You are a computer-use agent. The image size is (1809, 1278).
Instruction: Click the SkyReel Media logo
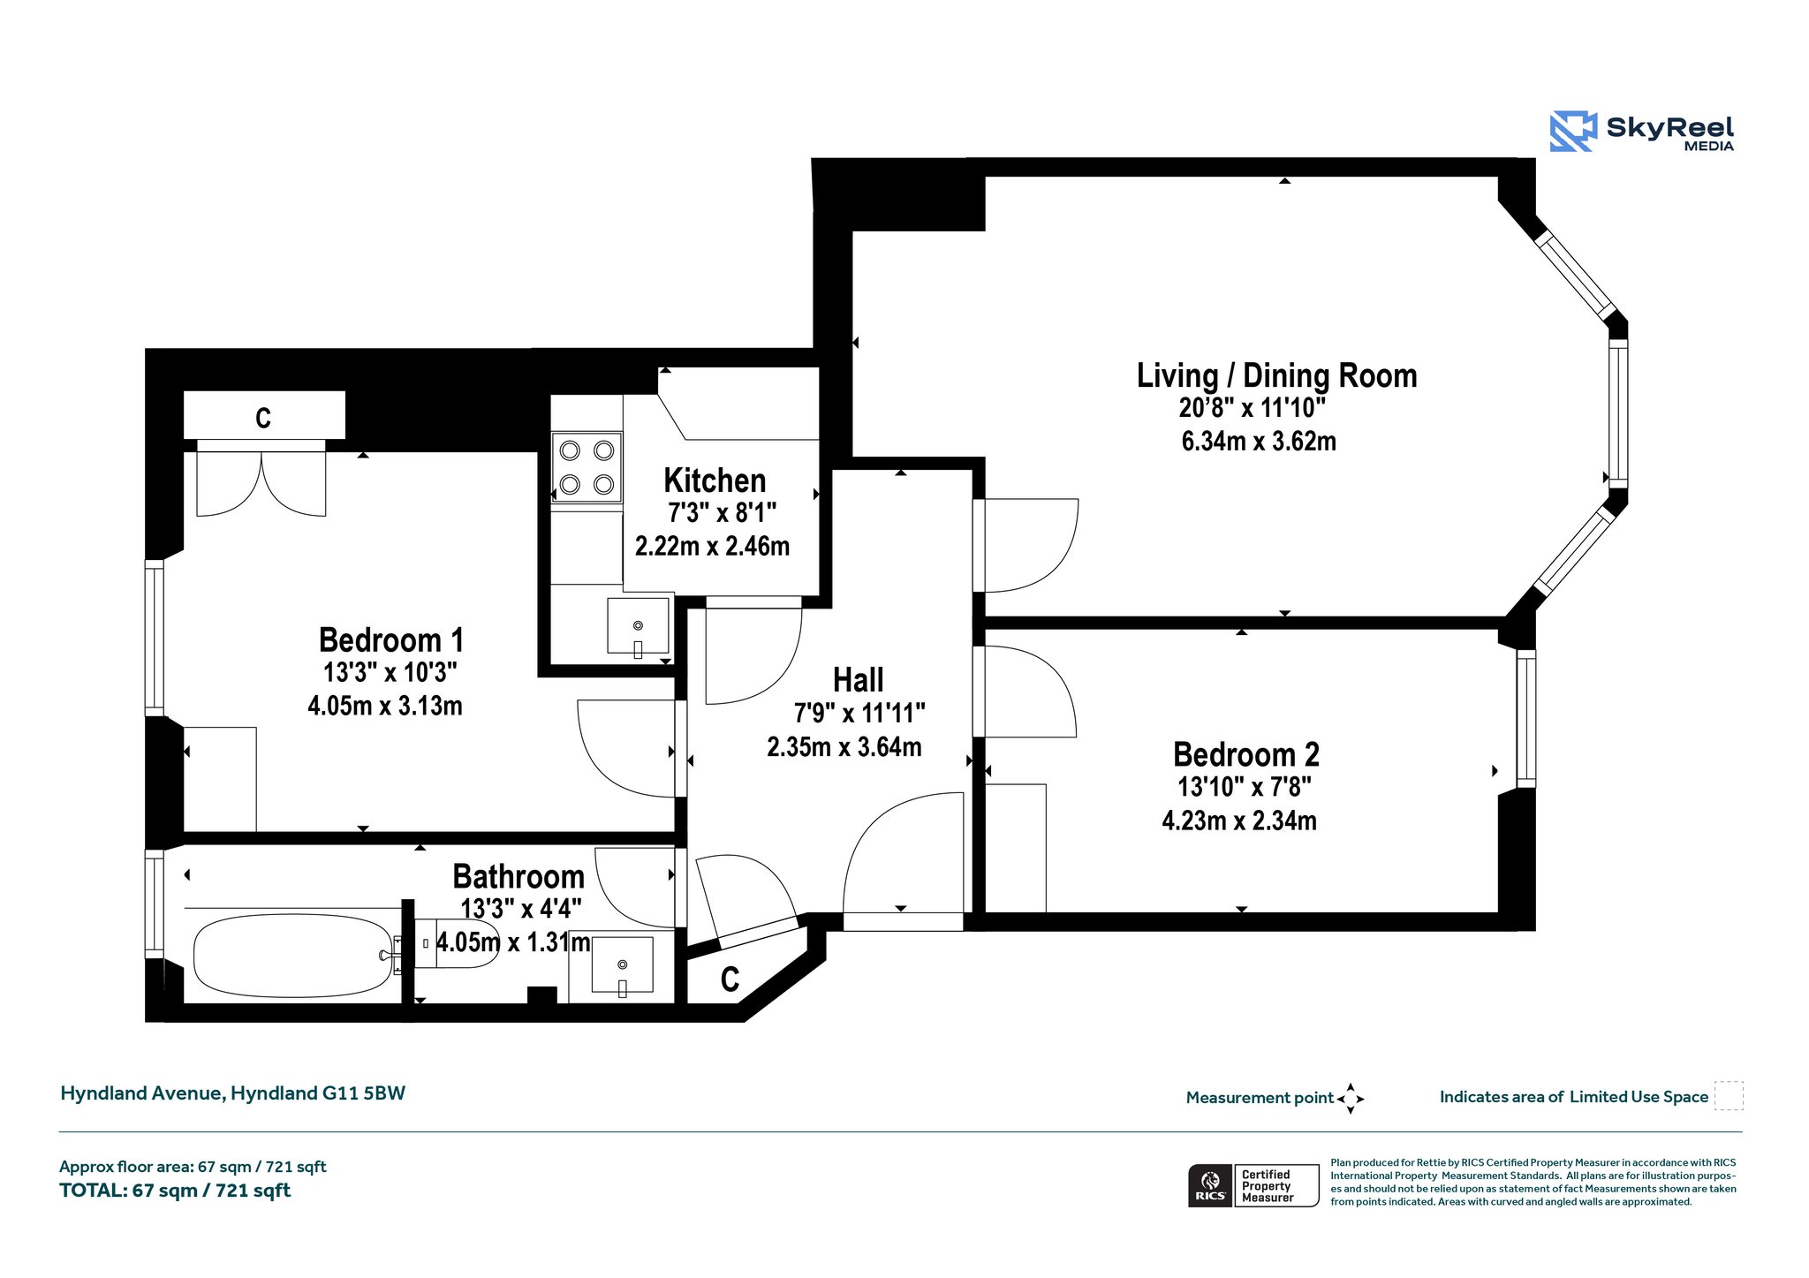(1642, 132)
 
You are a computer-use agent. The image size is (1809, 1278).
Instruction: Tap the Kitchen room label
(715, 480)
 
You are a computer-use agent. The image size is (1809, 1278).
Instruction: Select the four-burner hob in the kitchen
(587, 467)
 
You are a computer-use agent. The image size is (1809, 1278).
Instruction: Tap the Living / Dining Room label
(1276, 375)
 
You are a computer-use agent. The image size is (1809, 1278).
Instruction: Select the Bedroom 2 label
(1246, 754)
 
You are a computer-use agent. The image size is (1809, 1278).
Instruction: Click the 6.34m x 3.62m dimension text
(1259, 441)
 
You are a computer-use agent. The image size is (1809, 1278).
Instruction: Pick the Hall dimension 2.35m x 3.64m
(844, 747)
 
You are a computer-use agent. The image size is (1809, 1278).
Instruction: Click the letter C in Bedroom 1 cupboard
(263, 418)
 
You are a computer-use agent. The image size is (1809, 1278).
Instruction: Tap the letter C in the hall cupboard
(730, 979)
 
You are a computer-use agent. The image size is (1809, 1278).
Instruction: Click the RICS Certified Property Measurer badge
(1253, 1185)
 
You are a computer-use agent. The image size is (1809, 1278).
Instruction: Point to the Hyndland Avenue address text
(232, 1093)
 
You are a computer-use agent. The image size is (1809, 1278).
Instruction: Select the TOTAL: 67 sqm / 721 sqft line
(175, 1191)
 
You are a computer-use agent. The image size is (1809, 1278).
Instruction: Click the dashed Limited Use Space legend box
(1729, 1096)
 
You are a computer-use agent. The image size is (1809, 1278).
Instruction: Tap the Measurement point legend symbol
(1351, 1099)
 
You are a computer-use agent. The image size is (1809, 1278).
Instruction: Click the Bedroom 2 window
(1526, 718)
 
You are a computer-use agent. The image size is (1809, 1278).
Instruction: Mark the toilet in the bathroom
(456, 943)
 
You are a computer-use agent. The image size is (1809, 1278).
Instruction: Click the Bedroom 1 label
(391, 639)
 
